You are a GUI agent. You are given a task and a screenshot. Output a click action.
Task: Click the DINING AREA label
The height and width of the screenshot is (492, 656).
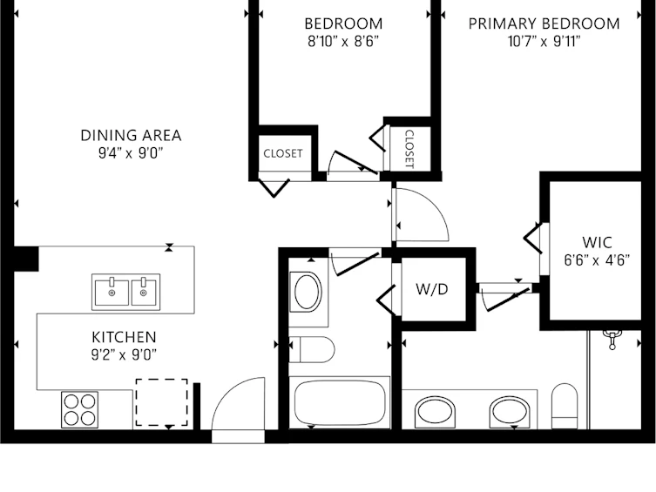131,136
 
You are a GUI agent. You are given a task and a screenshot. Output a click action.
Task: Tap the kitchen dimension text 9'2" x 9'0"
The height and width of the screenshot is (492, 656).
124,355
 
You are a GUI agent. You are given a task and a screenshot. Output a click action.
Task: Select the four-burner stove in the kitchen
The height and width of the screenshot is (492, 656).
79,409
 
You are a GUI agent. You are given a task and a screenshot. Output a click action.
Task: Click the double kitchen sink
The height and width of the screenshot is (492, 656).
126,292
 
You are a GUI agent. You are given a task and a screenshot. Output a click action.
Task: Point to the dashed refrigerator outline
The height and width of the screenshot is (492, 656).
161,402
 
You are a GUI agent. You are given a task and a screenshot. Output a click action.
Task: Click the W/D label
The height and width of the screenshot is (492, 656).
432,289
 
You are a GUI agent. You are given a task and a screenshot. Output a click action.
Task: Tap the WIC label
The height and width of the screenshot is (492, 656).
597,242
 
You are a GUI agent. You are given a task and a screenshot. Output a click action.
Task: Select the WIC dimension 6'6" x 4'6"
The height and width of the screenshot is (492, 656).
597,260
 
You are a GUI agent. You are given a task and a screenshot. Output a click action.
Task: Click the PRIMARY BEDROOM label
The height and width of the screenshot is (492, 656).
544,24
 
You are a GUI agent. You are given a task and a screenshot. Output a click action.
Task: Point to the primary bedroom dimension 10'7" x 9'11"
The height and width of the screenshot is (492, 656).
544,42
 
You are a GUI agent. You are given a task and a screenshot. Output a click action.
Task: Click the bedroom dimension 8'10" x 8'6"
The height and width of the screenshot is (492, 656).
343,42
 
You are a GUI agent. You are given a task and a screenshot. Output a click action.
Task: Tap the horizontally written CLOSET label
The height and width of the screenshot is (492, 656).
283,153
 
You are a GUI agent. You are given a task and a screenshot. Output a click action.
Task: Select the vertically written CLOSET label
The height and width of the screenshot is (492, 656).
409,149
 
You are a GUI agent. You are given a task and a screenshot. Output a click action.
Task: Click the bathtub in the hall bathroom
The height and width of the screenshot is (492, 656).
340,402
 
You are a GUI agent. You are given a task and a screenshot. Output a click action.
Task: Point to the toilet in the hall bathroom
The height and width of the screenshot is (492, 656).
312,350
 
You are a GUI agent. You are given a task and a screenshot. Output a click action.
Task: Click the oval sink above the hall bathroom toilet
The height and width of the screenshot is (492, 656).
308,292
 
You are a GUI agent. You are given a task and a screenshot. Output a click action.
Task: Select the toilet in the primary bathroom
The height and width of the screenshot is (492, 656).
565,407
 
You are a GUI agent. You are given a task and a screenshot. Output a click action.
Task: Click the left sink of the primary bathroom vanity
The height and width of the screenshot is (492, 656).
435,412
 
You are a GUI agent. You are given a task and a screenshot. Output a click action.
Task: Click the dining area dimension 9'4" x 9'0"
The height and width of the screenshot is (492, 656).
130,153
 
